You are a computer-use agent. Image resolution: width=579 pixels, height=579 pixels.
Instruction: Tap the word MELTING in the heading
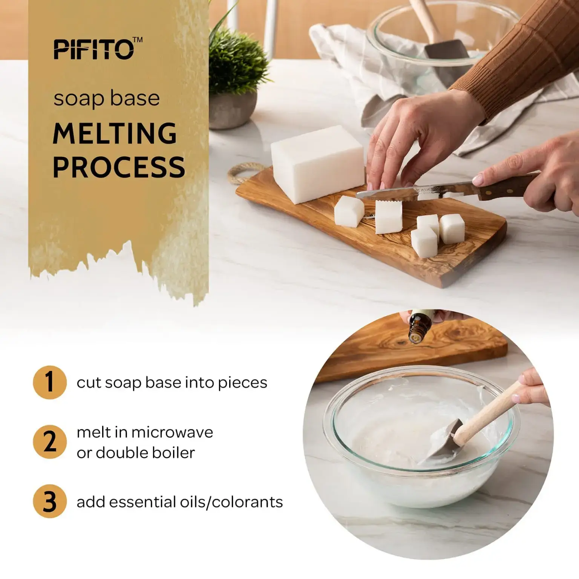click(x=115, y=133)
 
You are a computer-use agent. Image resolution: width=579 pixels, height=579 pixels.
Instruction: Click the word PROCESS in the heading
click(x=119, y=167)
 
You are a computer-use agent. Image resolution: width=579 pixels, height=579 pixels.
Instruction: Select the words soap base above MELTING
click(x=107, y=99)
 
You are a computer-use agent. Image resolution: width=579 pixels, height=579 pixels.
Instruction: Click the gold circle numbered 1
click(x=50, y=382)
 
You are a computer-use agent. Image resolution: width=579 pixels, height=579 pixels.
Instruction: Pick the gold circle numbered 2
click(x=50, y=442)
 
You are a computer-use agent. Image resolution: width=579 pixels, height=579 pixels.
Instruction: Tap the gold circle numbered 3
click(x=50, y=501)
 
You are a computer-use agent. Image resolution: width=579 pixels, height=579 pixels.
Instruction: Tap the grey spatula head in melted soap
click(x=443, y=441)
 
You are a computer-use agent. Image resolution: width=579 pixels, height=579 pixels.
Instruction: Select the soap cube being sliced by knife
click(x=388, y=217)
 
